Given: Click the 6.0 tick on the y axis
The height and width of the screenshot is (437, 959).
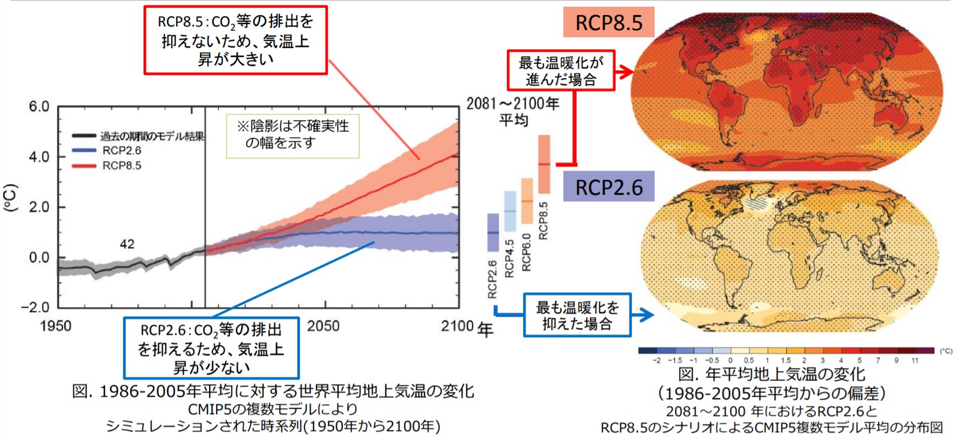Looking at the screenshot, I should [x=39, y=107].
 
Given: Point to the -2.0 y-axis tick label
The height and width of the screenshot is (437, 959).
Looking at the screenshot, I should [x=35, y=307].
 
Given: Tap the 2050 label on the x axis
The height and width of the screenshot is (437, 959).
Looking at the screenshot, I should [x=323, y=326].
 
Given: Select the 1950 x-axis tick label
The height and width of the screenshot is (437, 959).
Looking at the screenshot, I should [x=55, y=326].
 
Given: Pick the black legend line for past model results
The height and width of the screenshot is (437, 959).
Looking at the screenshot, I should [x=83, y=136].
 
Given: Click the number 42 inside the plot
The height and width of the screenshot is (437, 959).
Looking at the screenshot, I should [x=127, y=244].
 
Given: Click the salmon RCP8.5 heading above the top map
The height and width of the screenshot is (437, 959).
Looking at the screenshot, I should [x=608, y=23].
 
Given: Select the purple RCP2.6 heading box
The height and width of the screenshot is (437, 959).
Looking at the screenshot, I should [x=608, y=187].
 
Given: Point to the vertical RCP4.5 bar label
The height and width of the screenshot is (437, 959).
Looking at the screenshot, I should [x=510, y=258].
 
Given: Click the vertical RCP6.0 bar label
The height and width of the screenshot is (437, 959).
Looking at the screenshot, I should [x=527, y=252].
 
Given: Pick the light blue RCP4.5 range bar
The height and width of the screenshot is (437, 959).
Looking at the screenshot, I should [x=510, y=211].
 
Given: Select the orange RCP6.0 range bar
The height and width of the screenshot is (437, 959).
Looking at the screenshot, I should [x=527, y=201].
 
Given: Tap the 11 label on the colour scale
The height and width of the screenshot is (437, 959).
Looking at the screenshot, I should [x=915, y=361].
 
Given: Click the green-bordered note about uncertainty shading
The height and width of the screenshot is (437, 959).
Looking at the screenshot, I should [x=292, y=136].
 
